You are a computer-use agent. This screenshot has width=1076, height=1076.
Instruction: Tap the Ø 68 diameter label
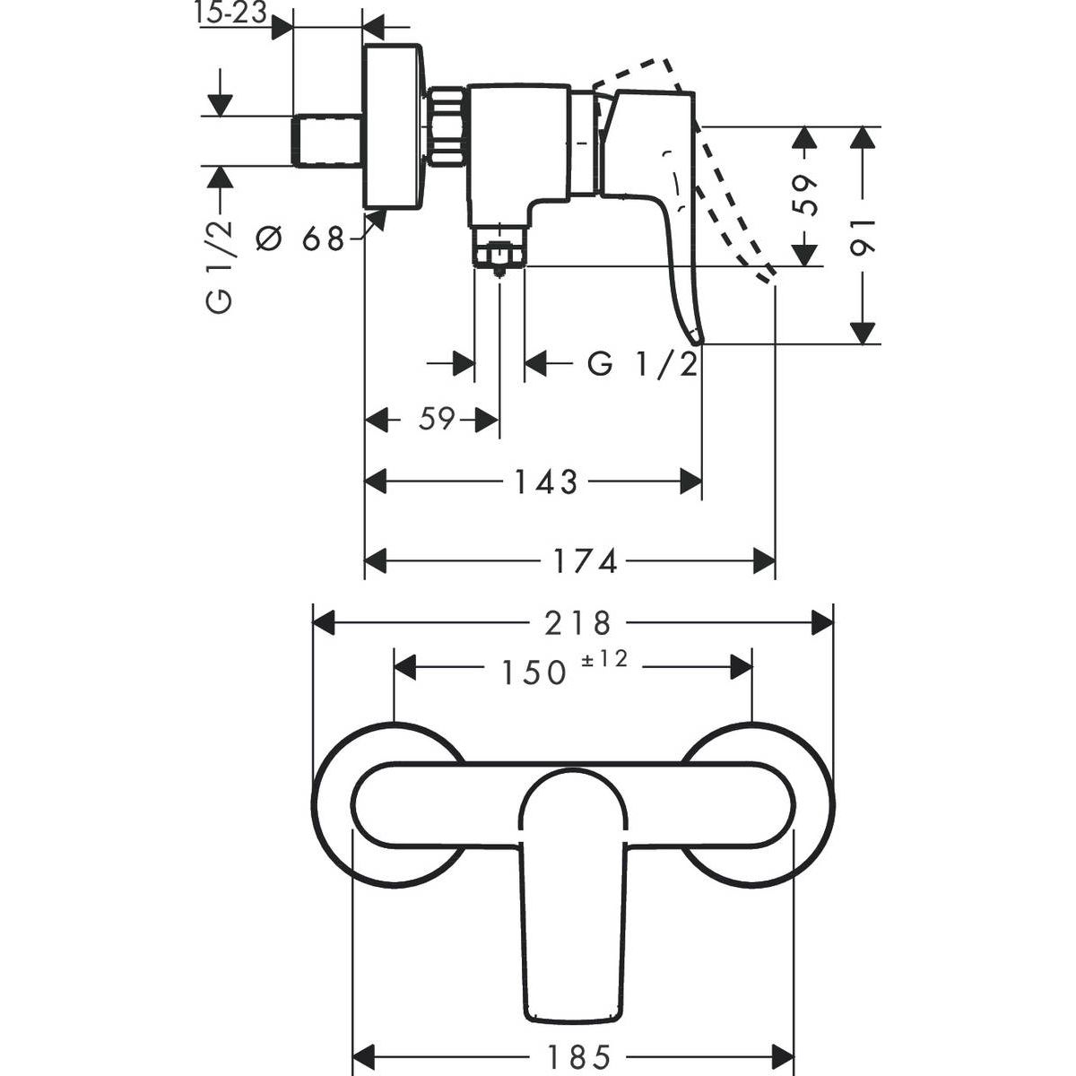tap(301, 239)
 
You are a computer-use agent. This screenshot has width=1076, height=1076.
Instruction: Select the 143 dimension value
tap(545, 482)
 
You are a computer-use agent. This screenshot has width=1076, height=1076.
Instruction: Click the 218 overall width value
tap(576, 622)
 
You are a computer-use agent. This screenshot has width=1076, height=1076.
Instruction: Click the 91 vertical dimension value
tap(863, 235)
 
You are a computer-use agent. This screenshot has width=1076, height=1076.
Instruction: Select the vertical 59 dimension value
tap(808, 195)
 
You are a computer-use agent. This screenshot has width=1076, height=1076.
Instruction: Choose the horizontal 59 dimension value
tap(438, 419)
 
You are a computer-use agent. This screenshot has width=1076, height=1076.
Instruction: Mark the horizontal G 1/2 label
tap(642, 365)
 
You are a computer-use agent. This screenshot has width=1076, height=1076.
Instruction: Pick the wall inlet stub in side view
tap(327, 140)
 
